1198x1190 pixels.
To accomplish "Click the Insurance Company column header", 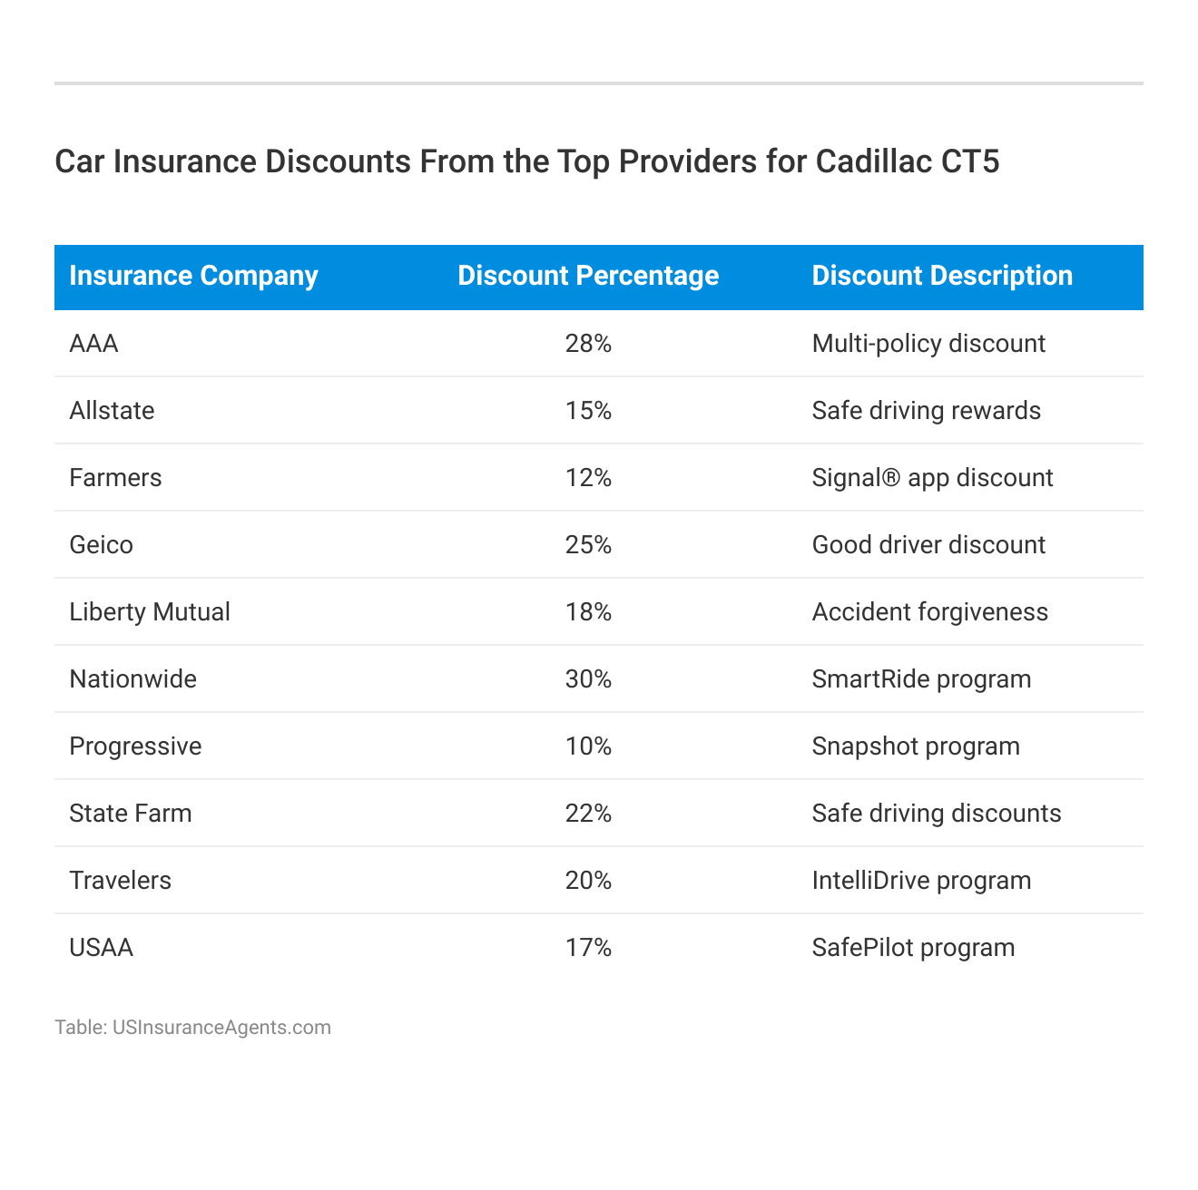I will click(x=193, y=276).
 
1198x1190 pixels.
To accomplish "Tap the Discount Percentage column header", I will click(x=588, y=276).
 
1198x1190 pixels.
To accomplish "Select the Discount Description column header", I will click(x=942, y=276).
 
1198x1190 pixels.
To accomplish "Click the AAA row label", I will click(x=93, y=344).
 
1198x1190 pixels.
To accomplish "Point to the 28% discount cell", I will click(x=588, y=344).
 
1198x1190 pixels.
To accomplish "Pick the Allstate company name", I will click(x=112, y=411).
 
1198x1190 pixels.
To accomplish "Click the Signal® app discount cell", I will click(x=932, y=478).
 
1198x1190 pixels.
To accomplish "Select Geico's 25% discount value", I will click(x=588, y=545).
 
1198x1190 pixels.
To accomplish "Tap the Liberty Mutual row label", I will click(x=150, y=612).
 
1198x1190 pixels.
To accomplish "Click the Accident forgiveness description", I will click(x=929, y=612).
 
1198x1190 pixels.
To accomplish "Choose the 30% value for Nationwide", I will click(x=588, y=679).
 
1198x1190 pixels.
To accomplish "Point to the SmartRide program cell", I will click(x=921, y=679).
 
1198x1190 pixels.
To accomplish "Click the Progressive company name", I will click(x=135, y=746).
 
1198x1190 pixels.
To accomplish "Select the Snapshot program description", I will click(x=916, y=746).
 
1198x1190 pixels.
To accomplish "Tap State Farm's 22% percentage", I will click(x=588, y=814).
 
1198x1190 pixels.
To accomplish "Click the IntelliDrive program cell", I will click(x=921, y=881).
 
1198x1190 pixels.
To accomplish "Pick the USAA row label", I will click(x=101, y=948).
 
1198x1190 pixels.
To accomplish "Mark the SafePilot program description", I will click(x=913, y=948).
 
